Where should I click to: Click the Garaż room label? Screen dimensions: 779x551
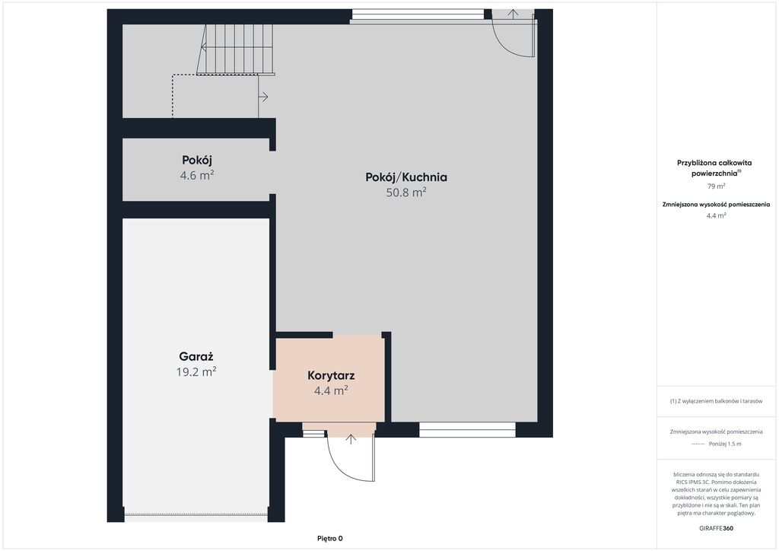coord(196,357)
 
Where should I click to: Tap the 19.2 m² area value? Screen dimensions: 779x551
coord(196,371)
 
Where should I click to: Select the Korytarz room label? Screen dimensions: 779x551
coord(331,376)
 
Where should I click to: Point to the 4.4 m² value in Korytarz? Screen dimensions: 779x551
coord(331,390)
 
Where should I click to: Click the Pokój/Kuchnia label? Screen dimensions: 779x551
coord(406,177)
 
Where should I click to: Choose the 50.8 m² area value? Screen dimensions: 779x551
coord(406,193)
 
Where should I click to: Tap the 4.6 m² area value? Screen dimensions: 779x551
coord(197,175)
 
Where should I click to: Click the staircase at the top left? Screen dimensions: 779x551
coord(235,49)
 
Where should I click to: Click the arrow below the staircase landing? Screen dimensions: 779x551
coord(263,97)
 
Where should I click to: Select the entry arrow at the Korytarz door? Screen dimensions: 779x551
coord(351,438)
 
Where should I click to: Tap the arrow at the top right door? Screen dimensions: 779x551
coord(514,14)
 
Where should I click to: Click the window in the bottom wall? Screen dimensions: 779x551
coord(467,430)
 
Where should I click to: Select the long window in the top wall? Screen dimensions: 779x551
coord(417,16)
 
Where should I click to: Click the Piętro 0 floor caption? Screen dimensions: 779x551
coord(330,538)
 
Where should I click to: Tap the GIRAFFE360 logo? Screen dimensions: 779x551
coord(716,528)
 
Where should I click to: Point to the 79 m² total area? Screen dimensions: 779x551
coord(716,186)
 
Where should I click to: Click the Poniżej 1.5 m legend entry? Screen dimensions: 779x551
coord(725,444)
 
